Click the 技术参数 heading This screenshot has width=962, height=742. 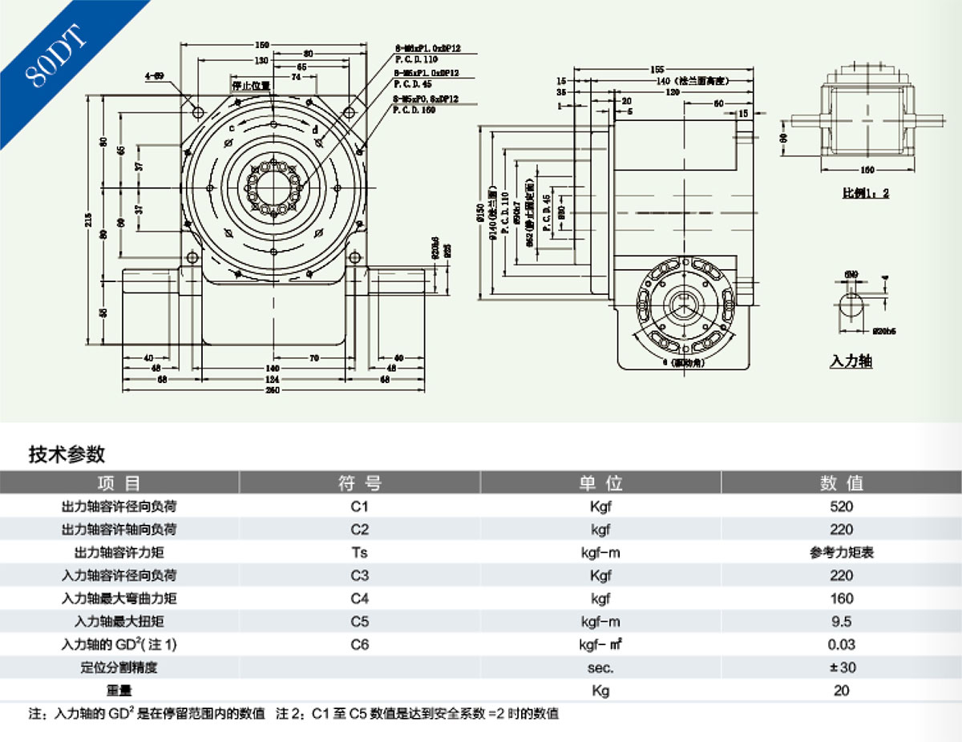tap(67, 454)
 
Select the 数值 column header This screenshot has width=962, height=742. tap(842, 483)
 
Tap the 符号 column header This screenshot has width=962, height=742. tap(360, 483)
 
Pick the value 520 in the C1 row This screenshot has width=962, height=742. tap(842, 506)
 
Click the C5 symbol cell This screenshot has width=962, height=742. tap(360, 621)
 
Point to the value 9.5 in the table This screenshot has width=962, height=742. tap(842, 621)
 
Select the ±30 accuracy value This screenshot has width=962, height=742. tap(842, 667)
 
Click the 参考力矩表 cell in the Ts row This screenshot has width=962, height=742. tap(842, 552)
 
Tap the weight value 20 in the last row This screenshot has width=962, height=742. tap(842, 690)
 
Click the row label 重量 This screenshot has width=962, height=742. tap(119, 690)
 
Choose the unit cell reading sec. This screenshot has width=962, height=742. tap(600, 667)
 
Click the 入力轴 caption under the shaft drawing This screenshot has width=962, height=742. tap(851, 362)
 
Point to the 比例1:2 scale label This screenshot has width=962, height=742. tap(865, 193)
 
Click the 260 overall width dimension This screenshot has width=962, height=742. tap(273, 389)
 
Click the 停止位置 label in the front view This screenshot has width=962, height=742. tap(251, 86)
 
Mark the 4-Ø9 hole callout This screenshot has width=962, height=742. tap(154, 77)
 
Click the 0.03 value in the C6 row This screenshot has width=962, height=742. tap(842, 644)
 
